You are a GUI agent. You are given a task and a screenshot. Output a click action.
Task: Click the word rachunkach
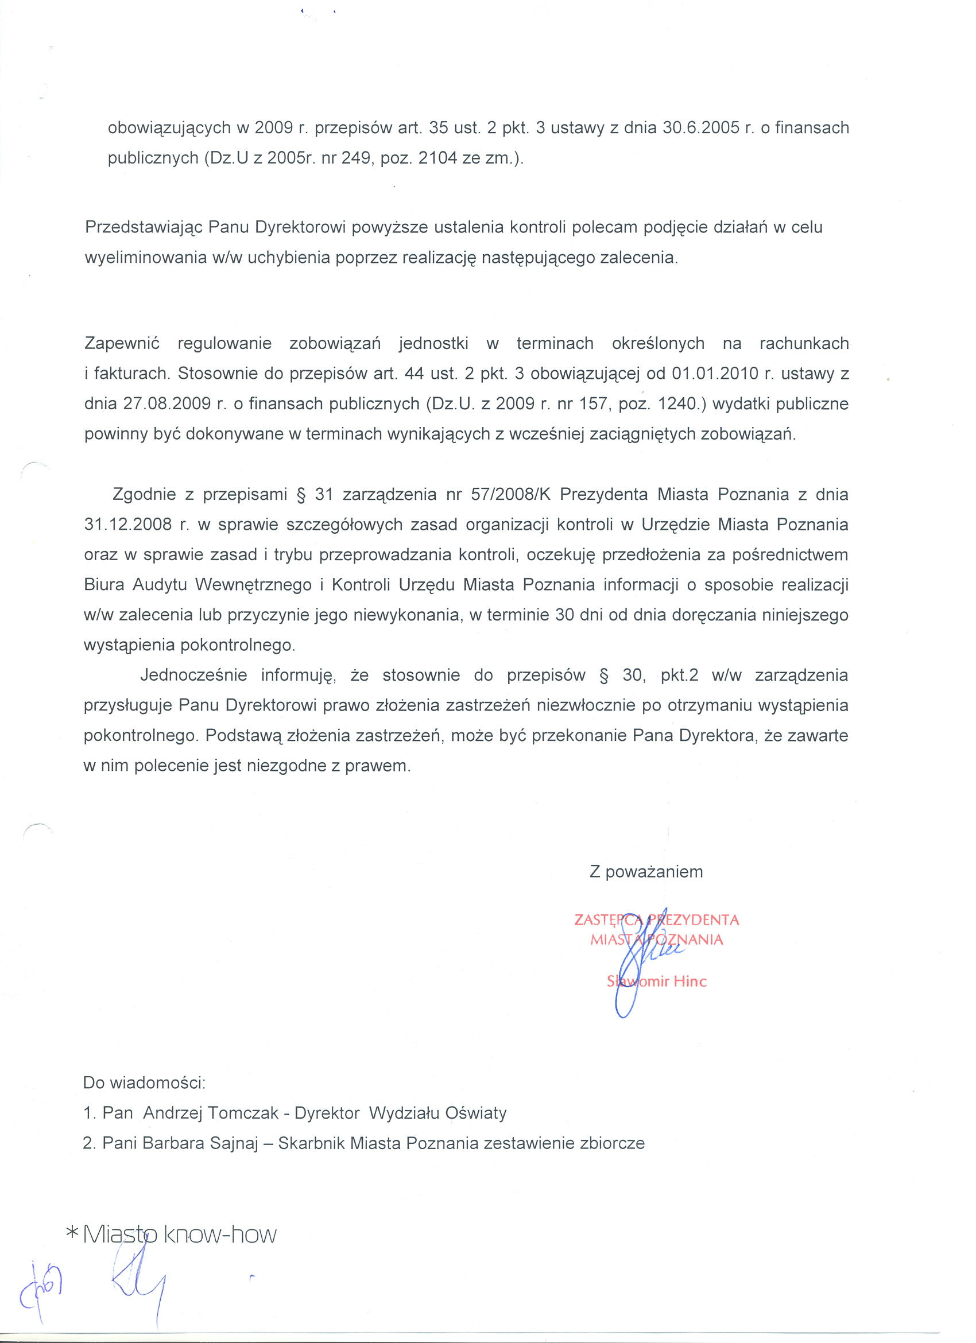click(804, 343)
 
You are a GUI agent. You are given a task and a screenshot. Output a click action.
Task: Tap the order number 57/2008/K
click(510, 495)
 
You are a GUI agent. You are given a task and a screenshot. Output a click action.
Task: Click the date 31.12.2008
click(128, 525)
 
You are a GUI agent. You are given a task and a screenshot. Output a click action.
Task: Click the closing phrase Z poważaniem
click(646, 872)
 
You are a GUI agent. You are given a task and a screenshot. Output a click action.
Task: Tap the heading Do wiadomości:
click(145, 1083)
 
